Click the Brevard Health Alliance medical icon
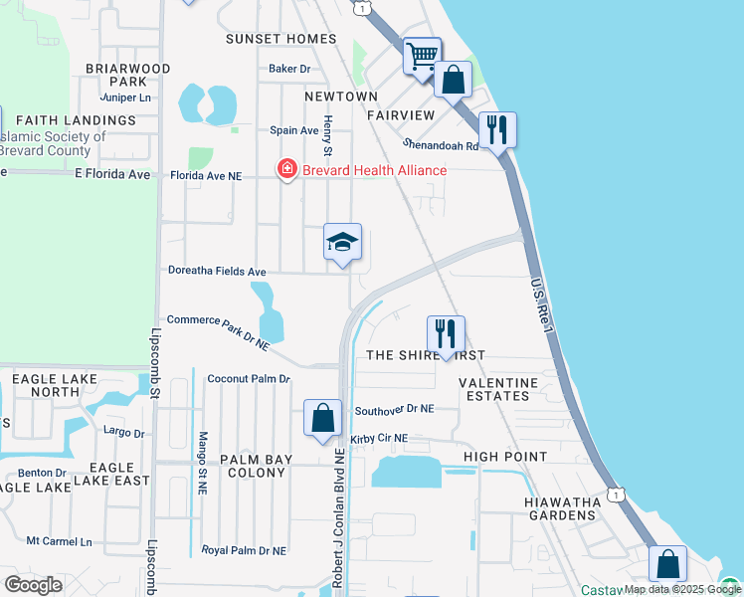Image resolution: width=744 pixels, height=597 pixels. [287, 170]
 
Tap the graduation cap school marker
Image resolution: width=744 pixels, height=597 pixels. [342, 243]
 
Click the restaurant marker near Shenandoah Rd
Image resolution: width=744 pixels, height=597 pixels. [496, 129]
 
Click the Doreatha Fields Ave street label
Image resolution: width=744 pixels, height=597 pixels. [217, 272]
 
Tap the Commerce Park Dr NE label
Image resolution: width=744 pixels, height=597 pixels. [219, 332]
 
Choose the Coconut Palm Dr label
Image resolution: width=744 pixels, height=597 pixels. [249, 379]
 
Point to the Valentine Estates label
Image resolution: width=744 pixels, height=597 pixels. [498, 389]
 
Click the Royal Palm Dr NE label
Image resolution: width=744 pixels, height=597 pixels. [244, 550]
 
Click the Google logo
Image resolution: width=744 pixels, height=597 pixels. [33, 584]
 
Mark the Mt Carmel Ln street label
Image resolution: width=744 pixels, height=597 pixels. [59, 542]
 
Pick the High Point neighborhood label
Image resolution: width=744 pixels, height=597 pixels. [505, 457]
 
